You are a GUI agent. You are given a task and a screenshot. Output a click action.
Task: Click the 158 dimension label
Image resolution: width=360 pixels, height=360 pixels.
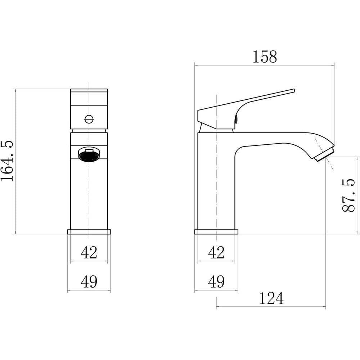click(265, 57)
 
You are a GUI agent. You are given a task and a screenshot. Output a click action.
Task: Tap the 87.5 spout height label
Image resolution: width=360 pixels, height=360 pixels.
click(348, 195)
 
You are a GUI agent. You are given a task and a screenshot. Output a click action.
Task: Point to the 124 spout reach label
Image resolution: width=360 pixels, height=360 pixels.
click(271, 298)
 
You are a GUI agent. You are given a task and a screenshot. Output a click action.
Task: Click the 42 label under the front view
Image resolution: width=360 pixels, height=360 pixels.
click(89, 253)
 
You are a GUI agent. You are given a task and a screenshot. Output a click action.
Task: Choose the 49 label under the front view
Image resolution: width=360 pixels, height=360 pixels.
click(89, 282)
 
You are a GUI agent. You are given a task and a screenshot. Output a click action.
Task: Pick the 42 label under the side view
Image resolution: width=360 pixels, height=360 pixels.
click(216, 253)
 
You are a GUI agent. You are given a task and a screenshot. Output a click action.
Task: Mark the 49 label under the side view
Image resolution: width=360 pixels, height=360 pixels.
click(216, 282)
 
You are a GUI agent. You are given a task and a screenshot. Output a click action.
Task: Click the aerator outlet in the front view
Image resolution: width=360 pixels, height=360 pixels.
click(89, 154)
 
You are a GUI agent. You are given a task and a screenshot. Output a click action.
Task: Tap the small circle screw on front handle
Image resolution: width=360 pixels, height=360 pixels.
click(89, 120)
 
